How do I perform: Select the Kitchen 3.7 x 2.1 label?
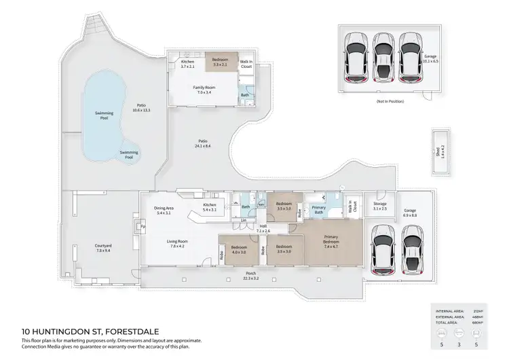187,65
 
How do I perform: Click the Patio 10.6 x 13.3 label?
142,107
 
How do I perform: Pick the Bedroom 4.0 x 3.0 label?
239,249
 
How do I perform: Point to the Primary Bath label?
318,210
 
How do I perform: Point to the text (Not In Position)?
390,101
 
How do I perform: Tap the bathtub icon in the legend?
459,334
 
